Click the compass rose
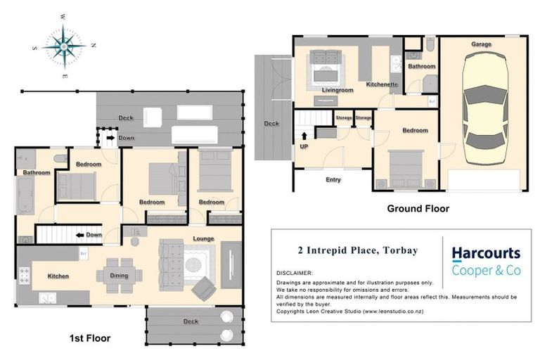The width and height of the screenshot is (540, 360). [x=64, y=46]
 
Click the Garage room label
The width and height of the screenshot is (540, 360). [x=482, y=44]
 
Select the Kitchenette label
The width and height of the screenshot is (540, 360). [x=382, y=84]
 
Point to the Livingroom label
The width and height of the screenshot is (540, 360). [x=337, y=90]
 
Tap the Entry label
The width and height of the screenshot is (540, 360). [x=333, y=179]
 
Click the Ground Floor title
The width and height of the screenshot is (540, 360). [x=418, y=208]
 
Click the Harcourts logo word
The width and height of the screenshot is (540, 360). [x=485, y=253]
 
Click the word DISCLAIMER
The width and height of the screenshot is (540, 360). [x=295, y=273]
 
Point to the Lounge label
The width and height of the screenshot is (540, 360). [x=204, y=239]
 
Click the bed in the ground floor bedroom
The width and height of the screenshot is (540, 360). [x=406, y=168]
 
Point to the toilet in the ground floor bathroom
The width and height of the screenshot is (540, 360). [x=430, y=47]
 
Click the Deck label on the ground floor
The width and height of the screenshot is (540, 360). [x=271, y=123]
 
